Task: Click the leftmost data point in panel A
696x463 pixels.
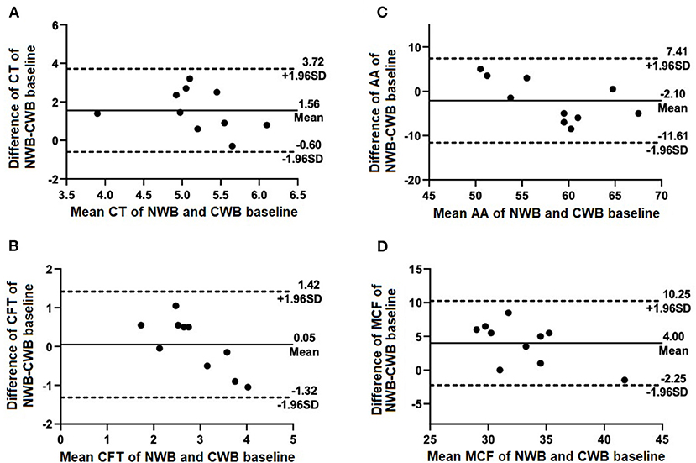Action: pos(97,113)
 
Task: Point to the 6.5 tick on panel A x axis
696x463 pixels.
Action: pos(291,193)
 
